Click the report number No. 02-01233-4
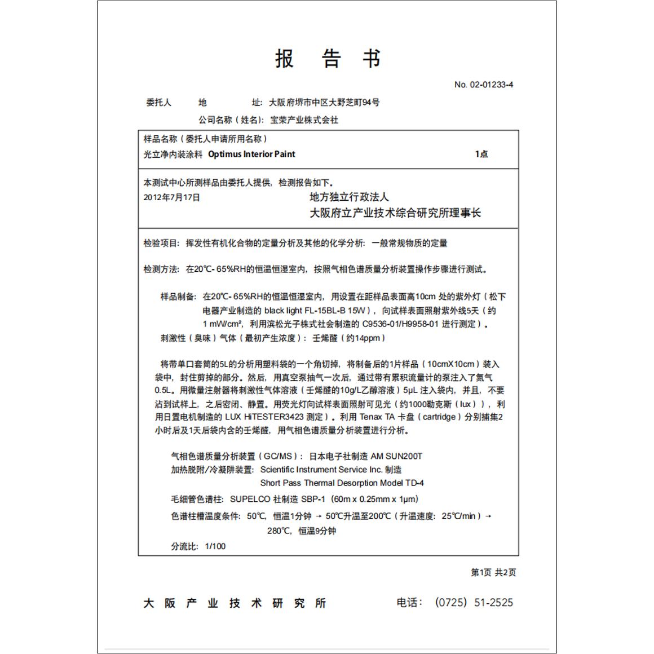(x=483, y=85)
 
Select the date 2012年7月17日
(x=172, y=197)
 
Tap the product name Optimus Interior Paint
(x=251, y=154)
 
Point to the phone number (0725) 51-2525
(x=474, y=602)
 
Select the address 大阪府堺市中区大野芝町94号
(x=324, y=102)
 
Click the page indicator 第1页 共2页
(x=493, y=572)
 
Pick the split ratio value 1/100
(x=215, y=546)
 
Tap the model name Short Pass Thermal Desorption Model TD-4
(x=342, y=483)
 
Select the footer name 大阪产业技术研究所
(x=235, y=603)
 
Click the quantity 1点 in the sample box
(x=481, y=154)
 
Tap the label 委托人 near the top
(x=158, y=102)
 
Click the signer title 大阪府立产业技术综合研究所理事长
(x=395, y=213)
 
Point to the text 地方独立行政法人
(x=349, y=197)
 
